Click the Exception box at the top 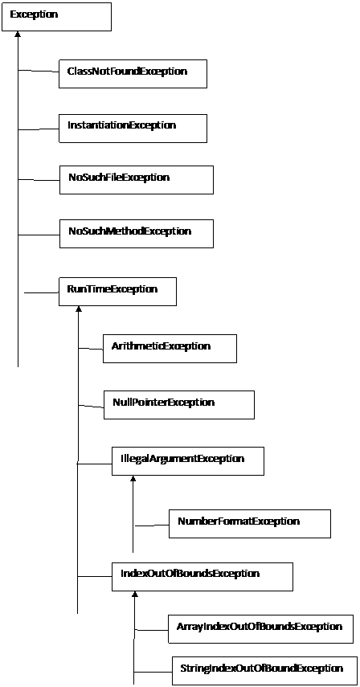[x=56, y=17]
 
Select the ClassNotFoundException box [x=133, y=74]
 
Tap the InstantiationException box [x=133, y=128]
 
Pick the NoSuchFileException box [x=136, y=180]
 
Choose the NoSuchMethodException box [x=136, y=234]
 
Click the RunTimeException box [x=118, y=292]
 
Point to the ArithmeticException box [x=170, y=349]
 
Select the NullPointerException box [x=179, y=405]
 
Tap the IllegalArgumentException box [x=188, y=461]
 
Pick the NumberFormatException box [x=250, y=524]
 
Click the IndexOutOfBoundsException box [x=202, y=576]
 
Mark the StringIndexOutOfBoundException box [x=262, y=670]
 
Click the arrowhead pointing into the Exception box [x=18, y=35]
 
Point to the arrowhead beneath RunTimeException [x=79, y=309]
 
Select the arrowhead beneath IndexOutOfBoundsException [x=135, y=595]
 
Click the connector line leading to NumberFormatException [x=152, y=525]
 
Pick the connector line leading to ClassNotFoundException [x=39, y=72]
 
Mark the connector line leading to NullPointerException [x=91, y=405]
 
